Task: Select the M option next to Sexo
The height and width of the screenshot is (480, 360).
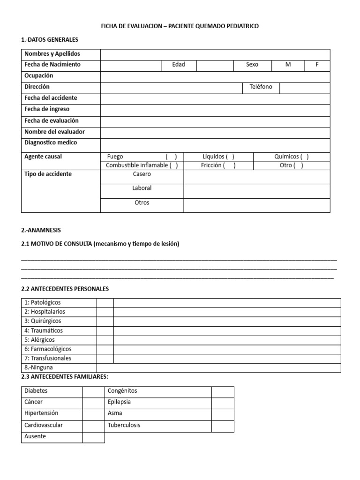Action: pyautogui.click(x=288, y=65)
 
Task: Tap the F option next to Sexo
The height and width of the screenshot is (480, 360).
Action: pyautogui.click(x=317, y=65)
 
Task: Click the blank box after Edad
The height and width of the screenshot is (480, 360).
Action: pyautogui.click(x=215, y=65)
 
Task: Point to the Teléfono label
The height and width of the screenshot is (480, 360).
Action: pyautogui.click(x=261, y=87)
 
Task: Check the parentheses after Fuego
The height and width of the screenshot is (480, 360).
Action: pyautogui.click(x=171, y=157)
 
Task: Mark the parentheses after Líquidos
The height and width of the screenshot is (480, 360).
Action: pyautogui.click(x=230, y=157)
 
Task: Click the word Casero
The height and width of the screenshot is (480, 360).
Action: pyautogui.click(x=142, y=174)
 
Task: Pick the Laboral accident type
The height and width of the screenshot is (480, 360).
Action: pyautogui.click(x=142, y=188)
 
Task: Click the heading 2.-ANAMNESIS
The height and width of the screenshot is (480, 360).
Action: pyautogui.click(x=41, y=230)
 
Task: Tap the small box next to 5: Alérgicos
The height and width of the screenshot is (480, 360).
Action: pyautogui.click(x=105, y=340)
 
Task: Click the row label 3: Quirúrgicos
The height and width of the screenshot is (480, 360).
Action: pyautogui.click(x=43, y=321)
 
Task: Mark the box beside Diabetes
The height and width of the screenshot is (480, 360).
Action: pyautogui.click(x=93, y=391)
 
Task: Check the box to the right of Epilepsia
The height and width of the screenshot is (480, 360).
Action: pyautogui.click(x=222, y=402)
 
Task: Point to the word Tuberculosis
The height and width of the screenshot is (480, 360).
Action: pyautogui.click(x=124, y=426)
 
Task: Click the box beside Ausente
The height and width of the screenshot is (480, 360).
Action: pyautogui.click(x=93, y=437)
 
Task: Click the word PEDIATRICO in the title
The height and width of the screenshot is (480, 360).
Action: pyautogui.click(x=238, y=26)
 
